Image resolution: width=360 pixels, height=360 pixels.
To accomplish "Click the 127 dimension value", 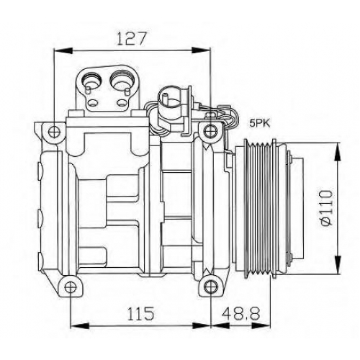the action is (x=131, y=38).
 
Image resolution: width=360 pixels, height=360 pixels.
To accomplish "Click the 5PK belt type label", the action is (x=260, y=124).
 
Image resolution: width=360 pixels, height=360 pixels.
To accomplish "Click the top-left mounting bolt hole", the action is (x=55, y=131).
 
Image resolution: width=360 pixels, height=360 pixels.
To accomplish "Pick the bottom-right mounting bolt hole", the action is (x=210, y=287).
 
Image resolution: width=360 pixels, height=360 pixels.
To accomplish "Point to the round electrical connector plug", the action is (x=168, y=103).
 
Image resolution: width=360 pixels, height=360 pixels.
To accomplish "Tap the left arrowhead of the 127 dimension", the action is (x=63, y=51).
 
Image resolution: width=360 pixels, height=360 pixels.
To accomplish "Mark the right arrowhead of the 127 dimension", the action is (x=202, y=51).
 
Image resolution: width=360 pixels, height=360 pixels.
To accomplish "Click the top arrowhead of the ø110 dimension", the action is (x=337, y=152).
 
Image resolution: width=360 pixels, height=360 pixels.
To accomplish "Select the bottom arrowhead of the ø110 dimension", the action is (x=337, y=265).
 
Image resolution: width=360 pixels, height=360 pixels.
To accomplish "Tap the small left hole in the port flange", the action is (x=92, y=104).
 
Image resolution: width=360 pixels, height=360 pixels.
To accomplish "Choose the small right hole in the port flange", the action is (x=122, y=104).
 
